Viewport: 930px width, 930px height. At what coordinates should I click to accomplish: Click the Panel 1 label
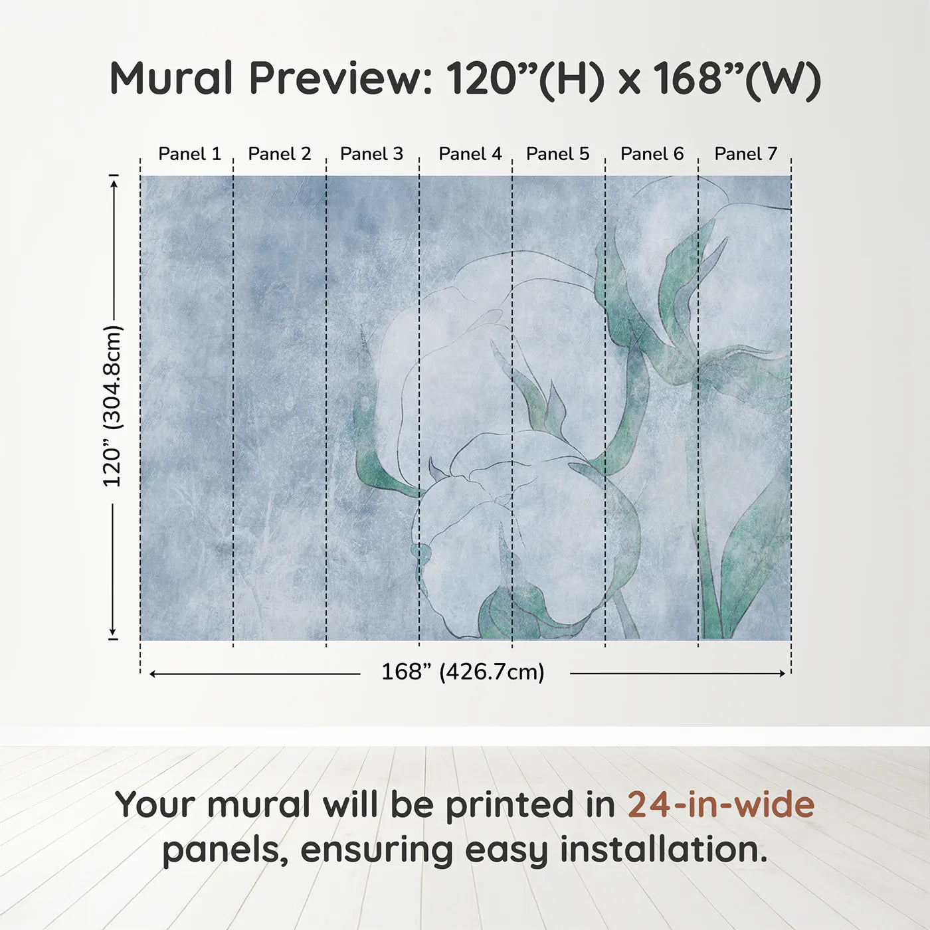tap(189, 154)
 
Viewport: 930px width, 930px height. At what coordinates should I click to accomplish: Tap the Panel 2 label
tap(279, 154)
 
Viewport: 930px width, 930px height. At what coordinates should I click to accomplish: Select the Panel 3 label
tap(371, 154)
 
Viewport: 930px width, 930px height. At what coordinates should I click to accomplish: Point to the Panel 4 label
tap(470, 154)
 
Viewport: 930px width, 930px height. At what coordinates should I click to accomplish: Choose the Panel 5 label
tap(557, 154)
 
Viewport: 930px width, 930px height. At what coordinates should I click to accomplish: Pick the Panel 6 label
tap(652, 154)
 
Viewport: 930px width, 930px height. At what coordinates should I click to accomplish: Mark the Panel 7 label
tap(745, 154)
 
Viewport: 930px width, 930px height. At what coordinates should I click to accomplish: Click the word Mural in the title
tap(171, 78)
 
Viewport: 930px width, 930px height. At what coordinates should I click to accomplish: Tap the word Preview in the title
tap(341, 78)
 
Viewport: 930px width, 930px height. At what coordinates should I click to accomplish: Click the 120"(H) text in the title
tap(525, 78)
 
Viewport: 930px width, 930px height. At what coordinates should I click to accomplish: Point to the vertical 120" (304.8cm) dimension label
tap(112, 406)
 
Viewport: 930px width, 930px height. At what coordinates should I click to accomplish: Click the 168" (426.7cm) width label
tap(462, 672)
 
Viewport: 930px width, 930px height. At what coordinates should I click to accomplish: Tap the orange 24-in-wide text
tap(721, 805)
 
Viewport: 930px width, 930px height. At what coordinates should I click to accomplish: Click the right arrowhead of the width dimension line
tap(783, 674)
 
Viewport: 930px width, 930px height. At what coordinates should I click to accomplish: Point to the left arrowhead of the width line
tap(153, 674)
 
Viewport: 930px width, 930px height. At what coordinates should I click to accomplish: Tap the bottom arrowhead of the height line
tap(113, 632)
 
